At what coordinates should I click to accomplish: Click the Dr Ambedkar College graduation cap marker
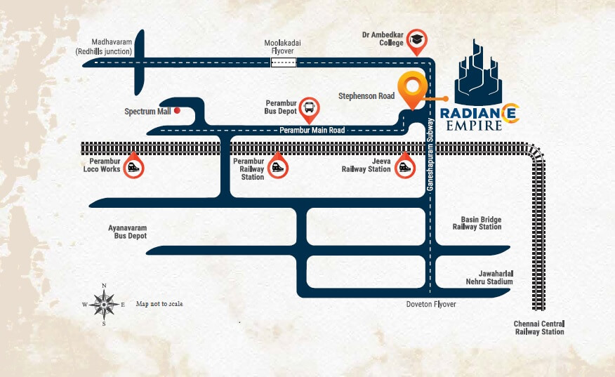click(417, 42)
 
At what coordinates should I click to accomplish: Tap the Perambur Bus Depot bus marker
click(309, 107)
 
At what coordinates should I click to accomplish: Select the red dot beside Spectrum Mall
click(178, 110)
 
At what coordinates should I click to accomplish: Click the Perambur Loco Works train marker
click(131, 167)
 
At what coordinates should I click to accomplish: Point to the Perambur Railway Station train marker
click(278, 167)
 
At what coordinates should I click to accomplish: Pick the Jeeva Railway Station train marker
click(404, 167)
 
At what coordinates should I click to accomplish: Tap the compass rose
click(104, 305)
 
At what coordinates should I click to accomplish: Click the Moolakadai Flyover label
click(282, 47)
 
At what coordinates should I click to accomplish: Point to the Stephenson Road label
click(366, 95)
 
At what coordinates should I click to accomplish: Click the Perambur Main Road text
click(312, 130)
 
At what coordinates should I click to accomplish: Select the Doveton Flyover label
click(430, 304)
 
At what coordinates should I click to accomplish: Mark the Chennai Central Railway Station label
click(538, 327)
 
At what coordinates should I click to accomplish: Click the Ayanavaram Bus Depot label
click(127, 232)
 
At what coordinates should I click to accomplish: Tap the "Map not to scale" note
click(159, 304)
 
